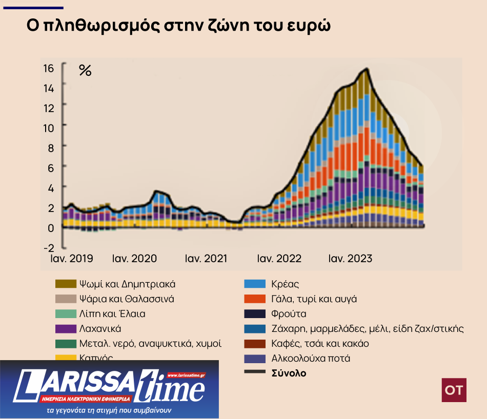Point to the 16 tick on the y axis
point(48,69)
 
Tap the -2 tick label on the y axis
point(48,248)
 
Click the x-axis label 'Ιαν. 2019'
point(72,259)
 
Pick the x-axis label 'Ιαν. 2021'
point(206,259)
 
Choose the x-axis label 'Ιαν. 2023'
point(350,259)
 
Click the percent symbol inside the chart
point(85,71)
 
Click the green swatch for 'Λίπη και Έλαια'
point(66,314)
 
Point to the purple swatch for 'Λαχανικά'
point(66,329)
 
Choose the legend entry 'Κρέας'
point(285,284)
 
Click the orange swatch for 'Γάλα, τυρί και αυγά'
point(254,299)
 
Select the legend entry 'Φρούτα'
point(289,313)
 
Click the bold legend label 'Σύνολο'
point(289,373)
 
